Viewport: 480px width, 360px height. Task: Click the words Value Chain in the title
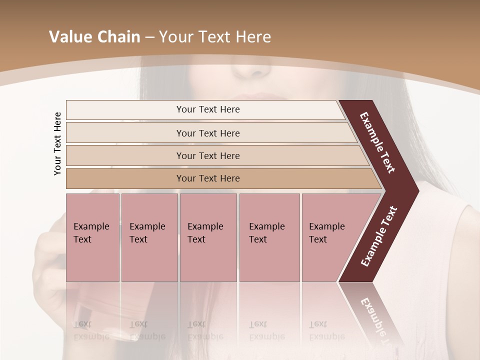94,37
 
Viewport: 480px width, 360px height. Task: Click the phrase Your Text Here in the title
215,37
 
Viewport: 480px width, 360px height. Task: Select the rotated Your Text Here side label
58,143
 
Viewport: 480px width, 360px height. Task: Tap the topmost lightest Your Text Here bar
208,109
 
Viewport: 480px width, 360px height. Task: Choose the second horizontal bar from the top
208,133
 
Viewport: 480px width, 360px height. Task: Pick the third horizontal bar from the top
208,155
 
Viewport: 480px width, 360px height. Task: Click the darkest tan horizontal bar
208,178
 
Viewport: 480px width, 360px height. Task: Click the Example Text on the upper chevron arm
378,143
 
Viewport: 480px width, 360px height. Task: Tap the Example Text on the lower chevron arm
379,236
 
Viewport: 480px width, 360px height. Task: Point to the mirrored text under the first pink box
91,330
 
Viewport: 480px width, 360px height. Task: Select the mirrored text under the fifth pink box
327,330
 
